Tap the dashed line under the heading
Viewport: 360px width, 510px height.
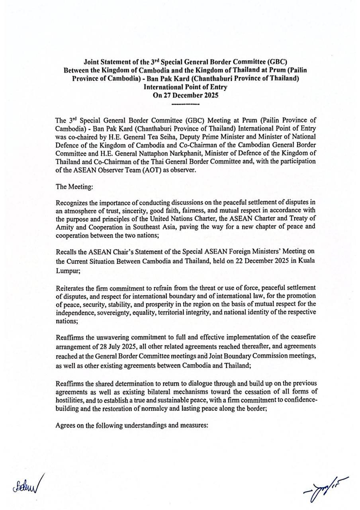185,105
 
